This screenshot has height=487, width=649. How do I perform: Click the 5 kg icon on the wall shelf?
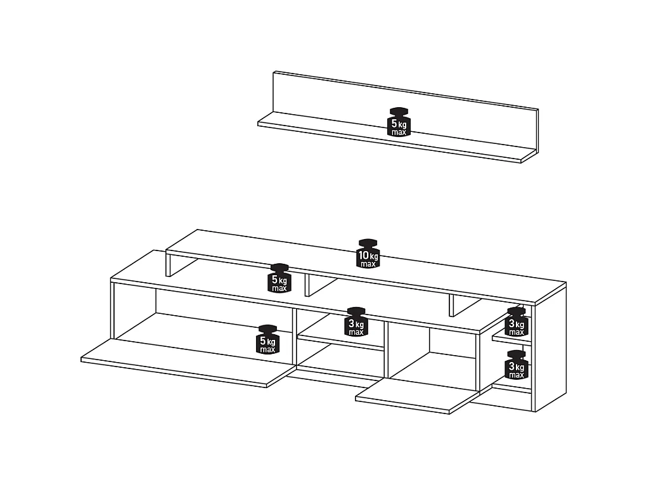pos(399,122)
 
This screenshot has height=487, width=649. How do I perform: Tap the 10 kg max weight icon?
pos(368,253)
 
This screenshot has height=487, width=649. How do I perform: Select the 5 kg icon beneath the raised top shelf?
pos(280,278)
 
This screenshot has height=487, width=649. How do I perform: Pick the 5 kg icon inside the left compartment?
pos(267,340)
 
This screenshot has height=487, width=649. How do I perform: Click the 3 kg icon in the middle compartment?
pos(356,321)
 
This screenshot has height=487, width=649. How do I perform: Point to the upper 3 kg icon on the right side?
pos(516,321)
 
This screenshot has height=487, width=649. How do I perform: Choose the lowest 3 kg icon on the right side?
pos(516,365)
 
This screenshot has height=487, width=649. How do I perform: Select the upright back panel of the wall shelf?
pos(406,112)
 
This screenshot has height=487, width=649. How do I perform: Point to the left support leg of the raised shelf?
pos(169,264)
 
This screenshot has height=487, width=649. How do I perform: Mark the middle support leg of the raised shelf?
pos(307,285)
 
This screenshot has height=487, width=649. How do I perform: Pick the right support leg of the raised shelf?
pos(452,306)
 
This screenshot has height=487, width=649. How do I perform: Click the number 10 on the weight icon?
pos(364,255)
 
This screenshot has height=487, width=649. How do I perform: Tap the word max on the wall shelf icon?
pos(399,132)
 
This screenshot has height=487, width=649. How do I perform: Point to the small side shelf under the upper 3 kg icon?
pos(511,339)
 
